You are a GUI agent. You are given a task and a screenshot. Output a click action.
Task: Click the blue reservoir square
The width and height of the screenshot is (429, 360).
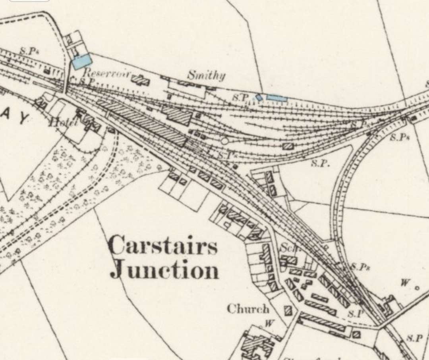pyautogui.click(x=82, y=62)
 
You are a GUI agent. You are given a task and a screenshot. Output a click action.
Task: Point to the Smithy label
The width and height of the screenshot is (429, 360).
pyautogui.click(x=206, y=75)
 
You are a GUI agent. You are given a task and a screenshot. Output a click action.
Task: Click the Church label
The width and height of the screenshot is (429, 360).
pyautogui.click(x=248, y=309)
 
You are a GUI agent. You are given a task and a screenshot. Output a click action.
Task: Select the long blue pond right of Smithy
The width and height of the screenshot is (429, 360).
pyautogui.click(x=276, y=98)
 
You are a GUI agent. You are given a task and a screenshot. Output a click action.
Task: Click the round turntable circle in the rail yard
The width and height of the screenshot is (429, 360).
pyautogui.click(x=225, y=141)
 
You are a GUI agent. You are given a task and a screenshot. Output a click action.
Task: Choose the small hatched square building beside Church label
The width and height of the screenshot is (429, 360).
pyautogui.click(x=288, y=310)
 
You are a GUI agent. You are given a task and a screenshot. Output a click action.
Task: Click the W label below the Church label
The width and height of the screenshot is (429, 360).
pyautogui.click(x=269, y=323)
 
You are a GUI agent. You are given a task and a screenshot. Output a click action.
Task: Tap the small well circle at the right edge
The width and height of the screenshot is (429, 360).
pyautogui.click(x=417, y=288)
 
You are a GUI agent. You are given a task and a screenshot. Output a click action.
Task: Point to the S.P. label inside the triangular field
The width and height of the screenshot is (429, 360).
pyautogui.click(x=319, y=164)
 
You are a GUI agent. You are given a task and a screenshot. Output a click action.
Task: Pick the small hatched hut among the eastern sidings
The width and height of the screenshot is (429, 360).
pyautogui.click(x=288, y=146)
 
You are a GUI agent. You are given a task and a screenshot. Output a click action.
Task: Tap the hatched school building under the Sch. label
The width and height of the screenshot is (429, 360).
pyautogui.click(x=290, y=260)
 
